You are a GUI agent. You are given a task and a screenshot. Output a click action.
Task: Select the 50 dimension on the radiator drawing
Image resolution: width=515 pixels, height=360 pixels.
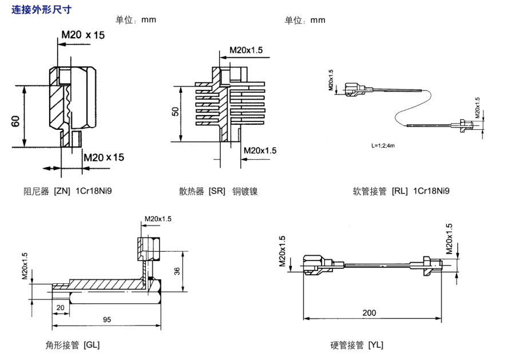pos(176,111)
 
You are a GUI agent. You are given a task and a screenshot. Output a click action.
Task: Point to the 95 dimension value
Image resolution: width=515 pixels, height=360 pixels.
pos(106,319)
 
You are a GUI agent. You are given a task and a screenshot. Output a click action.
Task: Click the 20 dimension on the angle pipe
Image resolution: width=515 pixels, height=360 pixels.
pos(60,307)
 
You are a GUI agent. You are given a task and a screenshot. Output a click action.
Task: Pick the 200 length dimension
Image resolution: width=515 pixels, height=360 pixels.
pos(369,312)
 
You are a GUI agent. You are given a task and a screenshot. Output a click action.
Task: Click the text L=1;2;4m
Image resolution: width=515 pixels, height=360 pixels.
pos(383,147)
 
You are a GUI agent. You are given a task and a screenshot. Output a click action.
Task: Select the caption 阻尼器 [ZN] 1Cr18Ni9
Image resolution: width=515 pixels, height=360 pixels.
pos(67,191)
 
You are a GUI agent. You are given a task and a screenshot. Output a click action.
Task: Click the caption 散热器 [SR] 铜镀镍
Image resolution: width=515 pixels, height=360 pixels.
pos(218,191)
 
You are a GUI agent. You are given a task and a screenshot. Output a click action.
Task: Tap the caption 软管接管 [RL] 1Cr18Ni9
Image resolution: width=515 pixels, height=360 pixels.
pos(401,191)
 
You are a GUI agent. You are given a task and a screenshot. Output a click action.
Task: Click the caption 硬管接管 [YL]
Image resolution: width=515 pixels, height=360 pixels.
pos(356,345)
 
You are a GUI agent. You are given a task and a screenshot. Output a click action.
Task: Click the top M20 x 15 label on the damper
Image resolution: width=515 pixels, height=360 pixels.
pos(84,35)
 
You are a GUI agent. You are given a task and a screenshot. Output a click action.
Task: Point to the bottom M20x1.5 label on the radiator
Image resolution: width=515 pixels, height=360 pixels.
pos(260,151)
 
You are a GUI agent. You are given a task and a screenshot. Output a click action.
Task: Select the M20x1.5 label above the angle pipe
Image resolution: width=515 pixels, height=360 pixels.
pos(158,219)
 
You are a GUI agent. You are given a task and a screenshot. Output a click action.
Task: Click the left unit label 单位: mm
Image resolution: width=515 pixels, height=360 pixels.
pos(136,20)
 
